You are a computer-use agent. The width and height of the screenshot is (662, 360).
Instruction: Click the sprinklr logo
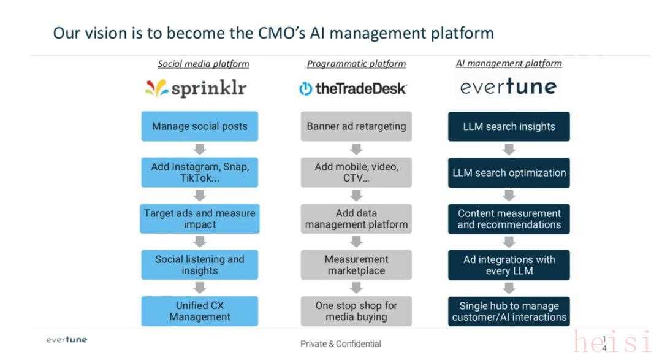(196, 89)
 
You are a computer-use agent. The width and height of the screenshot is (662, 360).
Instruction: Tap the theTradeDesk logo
(353, 89)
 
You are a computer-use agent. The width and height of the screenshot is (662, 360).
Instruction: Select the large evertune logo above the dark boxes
(509, 88)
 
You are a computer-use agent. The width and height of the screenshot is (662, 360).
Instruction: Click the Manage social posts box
(200, 126)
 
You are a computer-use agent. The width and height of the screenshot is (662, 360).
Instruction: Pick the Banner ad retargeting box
(356, 126)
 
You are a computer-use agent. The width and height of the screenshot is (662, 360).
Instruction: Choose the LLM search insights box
(509, 126)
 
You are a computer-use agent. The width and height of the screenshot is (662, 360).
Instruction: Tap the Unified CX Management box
(200, 311)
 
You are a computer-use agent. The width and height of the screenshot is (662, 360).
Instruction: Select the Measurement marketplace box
(356, 265)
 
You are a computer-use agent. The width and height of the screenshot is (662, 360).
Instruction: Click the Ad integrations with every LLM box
(509, 265)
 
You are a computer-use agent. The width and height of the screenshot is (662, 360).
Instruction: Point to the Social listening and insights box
(200, 265)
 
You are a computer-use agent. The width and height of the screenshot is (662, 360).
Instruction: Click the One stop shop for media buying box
(356, 311)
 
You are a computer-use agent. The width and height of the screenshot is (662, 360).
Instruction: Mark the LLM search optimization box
(509, 173)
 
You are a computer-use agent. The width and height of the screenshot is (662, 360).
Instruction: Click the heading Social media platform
(204, 64)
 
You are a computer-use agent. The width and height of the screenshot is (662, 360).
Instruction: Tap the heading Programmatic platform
(356, 64)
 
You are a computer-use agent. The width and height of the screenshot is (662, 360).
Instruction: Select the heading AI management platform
(509, 63)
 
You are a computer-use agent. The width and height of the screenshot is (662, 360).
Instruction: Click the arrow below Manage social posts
(200, 149)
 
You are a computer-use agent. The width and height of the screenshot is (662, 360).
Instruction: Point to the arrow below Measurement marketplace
(356, 288)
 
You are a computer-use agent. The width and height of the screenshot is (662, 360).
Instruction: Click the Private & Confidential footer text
(341, 344)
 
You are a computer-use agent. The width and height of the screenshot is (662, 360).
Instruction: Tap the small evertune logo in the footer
(67, 340)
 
